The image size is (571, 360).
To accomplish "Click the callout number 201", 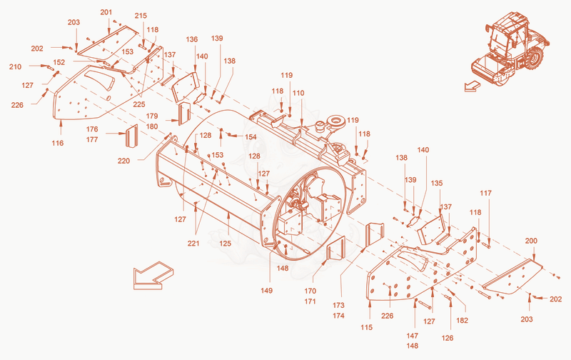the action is point(106,12).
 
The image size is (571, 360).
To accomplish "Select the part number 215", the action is point(141,16).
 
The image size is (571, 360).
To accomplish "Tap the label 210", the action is point(15,66).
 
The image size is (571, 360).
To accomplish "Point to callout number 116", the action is point(58,143).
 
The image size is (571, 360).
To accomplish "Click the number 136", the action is point(191,39).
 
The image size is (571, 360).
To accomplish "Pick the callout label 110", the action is point(298,93).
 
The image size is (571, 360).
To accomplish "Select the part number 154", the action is point(251,136).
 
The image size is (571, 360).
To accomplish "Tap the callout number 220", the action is point(123,161).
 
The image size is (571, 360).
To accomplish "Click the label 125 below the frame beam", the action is point(225,243).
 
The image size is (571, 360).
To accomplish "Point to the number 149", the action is point(266,291).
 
